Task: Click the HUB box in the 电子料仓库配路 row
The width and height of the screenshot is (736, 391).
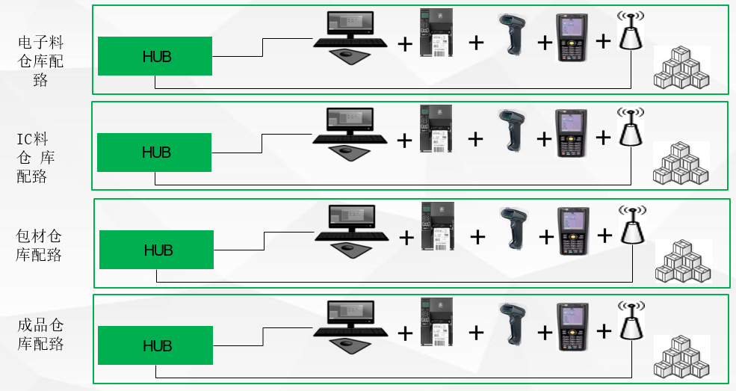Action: pos(155,56)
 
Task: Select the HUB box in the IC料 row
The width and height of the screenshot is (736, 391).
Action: pos(155,153)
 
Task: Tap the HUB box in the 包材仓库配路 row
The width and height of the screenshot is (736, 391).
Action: pos(157,250)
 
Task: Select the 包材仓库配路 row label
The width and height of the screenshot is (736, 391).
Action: pos(38,246)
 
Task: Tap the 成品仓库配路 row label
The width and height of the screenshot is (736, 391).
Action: pos(40,335)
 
